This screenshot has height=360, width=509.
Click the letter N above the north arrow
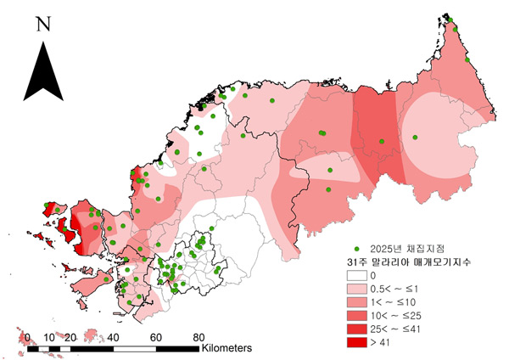click(42, 23)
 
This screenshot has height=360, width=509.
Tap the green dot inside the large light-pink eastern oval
click(415, 137)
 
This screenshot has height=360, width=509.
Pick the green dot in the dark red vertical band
click(381, 141)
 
